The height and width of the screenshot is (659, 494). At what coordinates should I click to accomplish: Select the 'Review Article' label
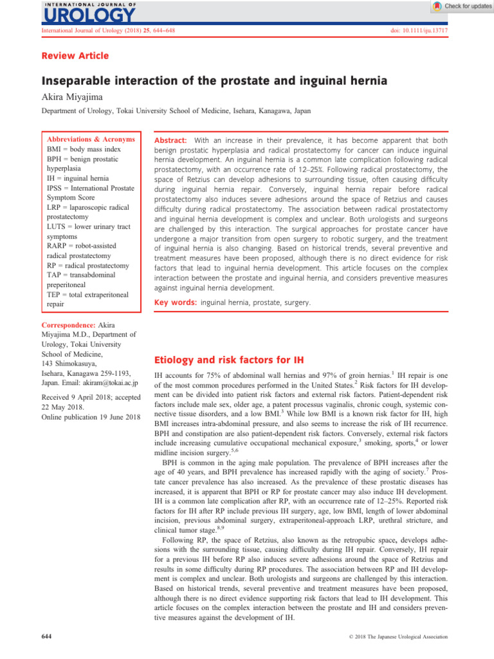(x=75, y=56)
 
